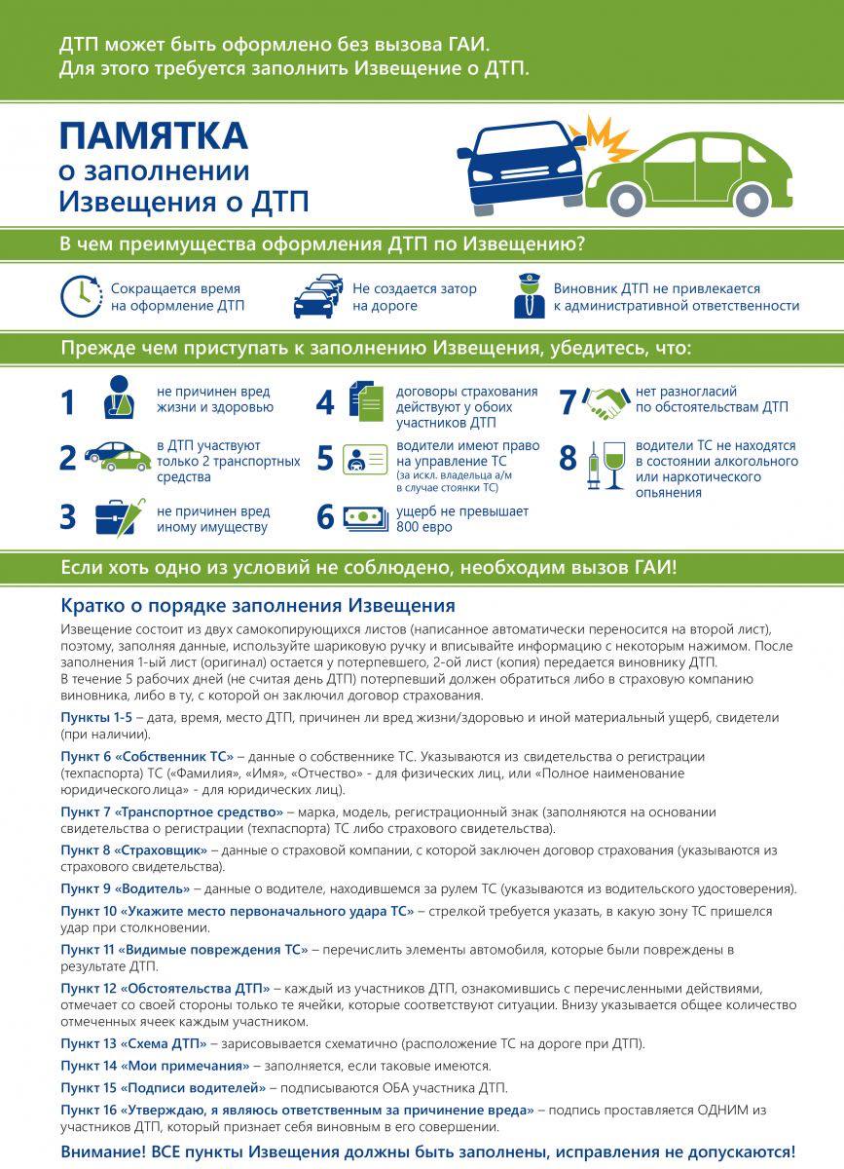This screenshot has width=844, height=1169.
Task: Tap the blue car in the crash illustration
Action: tap(522, 162)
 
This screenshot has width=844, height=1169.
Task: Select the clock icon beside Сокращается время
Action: tap(82, 297)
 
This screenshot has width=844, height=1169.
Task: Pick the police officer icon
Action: tap(529, 297)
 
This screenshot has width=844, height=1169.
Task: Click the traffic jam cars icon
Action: tap(318, 297)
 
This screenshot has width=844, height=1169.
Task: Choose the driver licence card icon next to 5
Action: tap(366, 460)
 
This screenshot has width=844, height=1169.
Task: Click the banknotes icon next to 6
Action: tap(366, 517)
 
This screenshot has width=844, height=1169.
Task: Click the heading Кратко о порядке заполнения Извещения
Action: tap(258, 605)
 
